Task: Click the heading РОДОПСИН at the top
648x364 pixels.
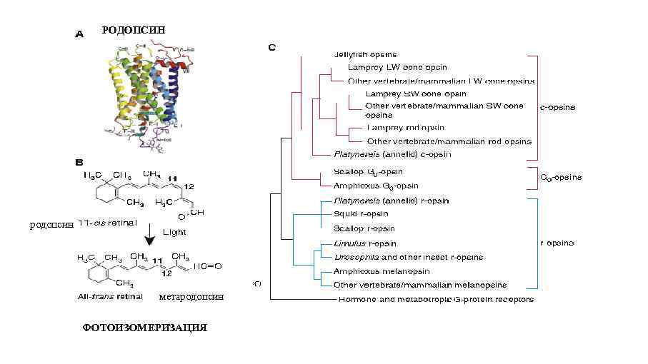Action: [133, 30]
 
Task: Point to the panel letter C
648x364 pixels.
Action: [271, 48]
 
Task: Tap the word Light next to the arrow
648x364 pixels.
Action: [175, 232]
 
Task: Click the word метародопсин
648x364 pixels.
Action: [191, 296]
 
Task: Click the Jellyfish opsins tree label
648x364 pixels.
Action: [365, 54]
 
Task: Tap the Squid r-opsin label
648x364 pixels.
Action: [361, 213]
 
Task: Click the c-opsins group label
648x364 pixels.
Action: [562, 107]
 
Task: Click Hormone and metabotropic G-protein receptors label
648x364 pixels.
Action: [436, 299]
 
